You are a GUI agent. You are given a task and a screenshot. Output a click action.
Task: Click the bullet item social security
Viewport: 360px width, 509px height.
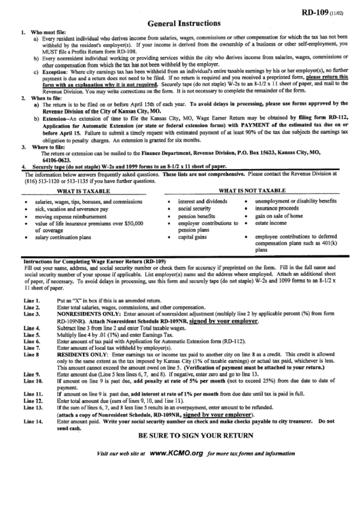point(194,209)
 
